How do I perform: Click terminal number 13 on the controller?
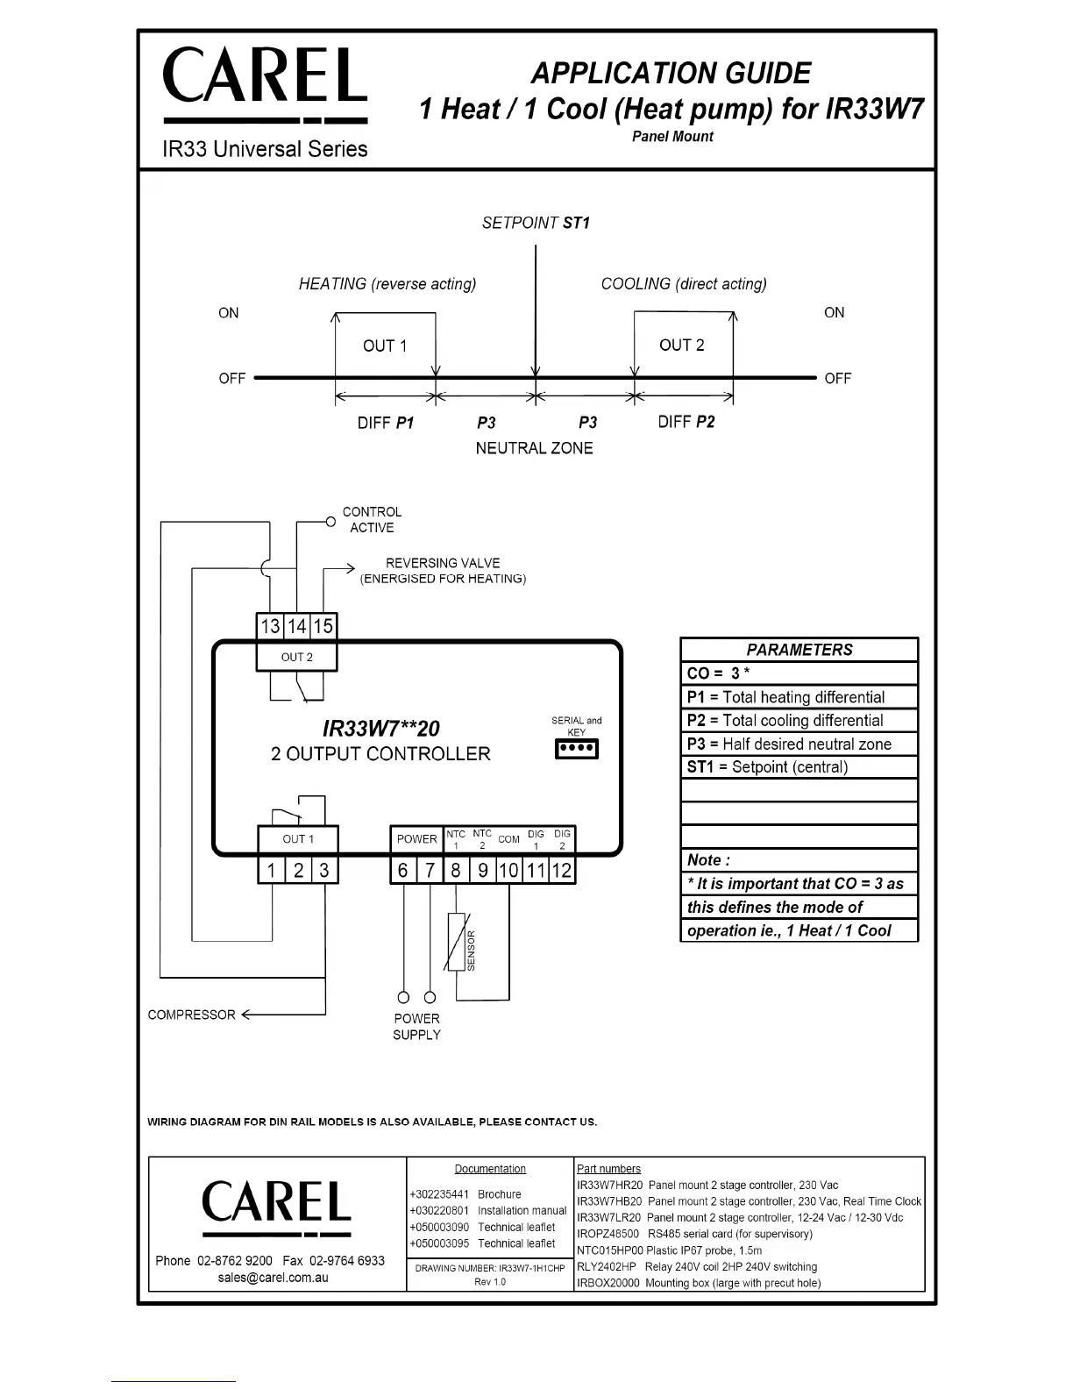270,626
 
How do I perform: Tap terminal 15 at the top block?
323,626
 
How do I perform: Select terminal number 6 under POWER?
403,870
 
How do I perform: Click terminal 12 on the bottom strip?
562,870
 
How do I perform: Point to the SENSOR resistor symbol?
456,942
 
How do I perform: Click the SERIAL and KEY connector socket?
577,750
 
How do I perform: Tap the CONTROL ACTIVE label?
372,519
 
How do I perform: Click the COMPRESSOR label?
191,1015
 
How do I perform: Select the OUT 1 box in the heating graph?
385,345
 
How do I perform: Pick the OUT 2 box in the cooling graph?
682,345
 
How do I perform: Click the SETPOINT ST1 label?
536,223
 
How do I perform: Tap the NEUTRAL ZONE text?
534,448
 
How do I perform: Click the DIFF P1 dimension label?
386,423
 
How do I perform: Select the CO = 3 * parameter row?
799,673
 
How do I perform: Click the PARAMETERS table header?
799,650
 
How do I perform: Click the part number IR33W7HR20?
609,1185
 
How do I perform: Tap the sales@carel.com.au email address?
274,1278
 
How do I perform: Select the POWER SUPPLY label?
416,1027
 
